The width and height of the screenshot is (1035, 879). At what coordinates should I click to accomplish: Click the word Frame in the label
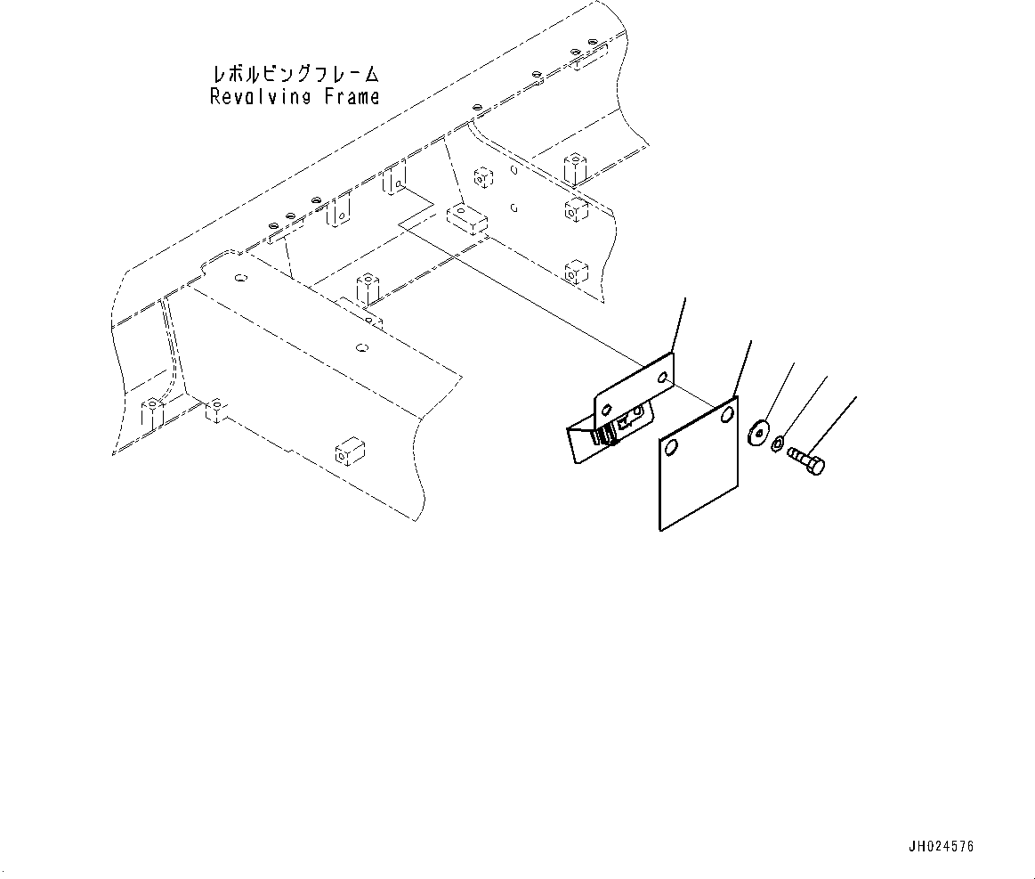pyautogui.click(x=351, y=96)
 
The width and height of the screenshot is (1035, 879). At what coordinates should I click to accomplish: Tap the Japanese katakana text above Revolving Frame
pyautogui.click(x=295, y=72)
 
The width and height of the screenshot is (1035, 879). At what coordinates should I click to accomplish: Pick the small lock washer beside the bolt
pyautogui.click(x=777, y=442)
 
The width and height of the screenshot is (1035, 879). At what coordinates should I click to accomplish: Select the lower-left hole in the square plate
pyautogui.click(x=671, y=447)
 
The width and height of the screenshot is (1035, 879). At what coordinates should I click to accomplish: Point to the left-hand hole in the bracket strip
pyautogui.click(x=606, y=411)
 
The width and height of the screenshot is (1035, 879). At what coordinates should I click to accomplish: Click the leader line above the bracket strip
pyautogui.click(x=678, y=324)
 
